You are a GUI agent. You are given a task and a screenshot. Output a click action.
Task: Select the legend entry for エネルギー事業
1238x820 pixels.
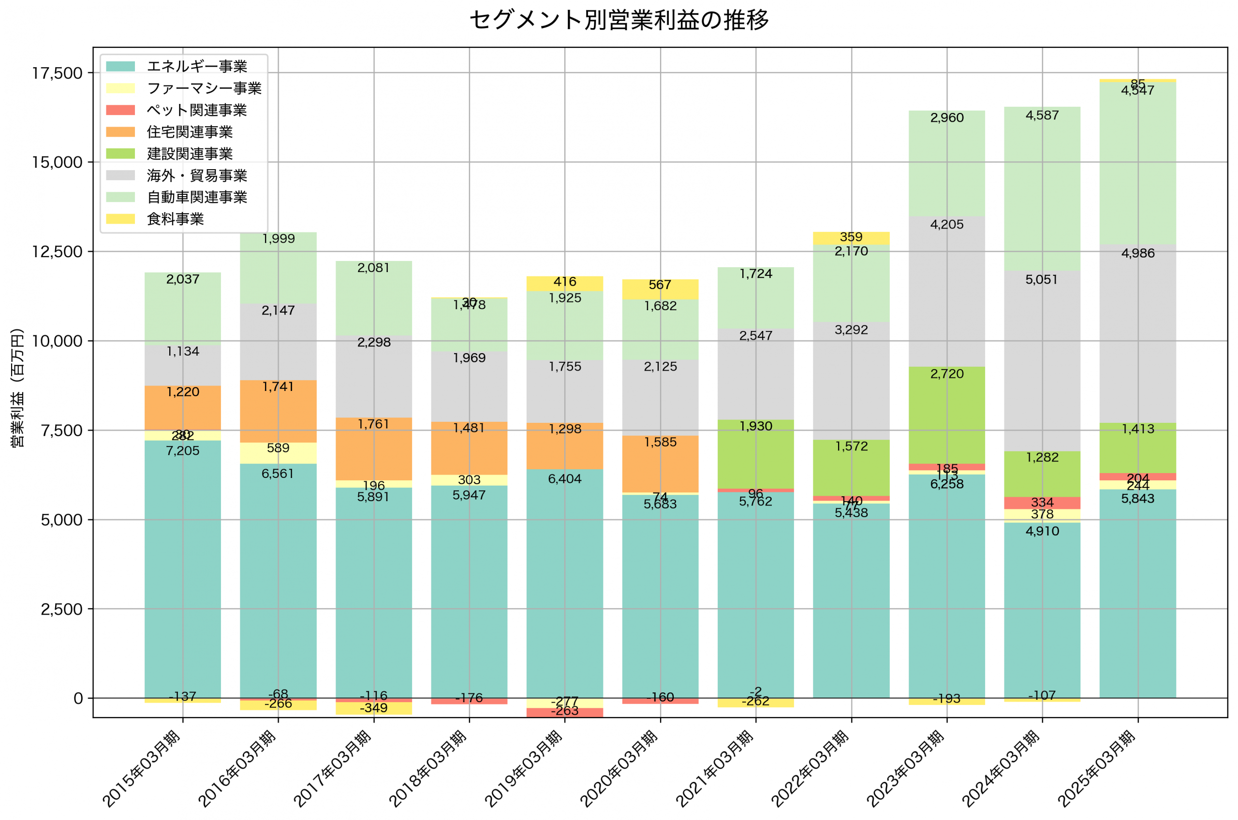click(197, 66)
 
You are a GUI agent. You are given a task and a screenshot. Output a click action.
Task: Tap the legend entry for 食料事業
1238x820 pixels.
click(175, 218)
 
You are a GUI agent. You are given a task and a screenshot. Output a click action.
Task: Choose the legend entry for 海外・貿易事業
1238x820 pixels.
click(197, 175)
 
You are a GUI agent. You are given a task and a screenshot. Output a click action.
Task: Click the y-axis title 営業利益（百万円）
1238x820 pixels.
click(17, 388)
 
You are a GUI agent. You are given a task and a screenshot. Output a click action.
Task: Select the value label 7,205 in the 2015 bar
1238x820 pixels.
click(183, 450)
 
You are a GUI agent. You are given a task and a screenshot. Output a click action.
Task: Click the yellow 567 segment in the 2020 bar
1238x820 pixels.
click(660, 288)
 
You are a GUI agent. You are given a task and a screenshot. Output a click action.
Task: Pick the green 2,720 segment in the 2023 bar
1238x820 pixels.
click(946, 415)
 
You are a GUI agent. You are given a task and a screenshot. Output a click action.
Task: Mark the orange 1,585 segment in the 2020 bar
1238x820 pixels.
click(660, 464)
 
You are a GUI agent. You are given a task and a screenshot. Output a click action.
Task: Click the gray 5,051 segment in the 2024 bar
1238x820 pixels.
click(1042, 361)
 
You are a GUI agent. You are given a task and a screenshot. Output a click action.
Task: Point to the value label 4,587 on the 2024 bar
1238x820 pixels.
click(1042, 115)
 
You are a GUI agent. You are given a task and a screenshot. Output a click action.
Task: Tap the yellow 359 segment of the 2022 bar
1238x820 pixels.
click(851, 238)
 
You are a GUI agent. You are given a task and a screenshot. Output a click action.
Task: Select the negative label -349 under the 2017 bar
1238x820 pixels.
click(374, 708)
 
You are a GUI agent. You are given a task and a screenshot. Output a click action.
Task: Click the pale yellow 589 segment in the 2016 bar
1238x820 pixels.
click(278, 453)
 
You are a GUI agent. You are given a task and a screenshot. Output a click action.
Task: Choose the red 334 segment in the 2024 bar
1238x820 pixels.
click(1042, 503)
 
